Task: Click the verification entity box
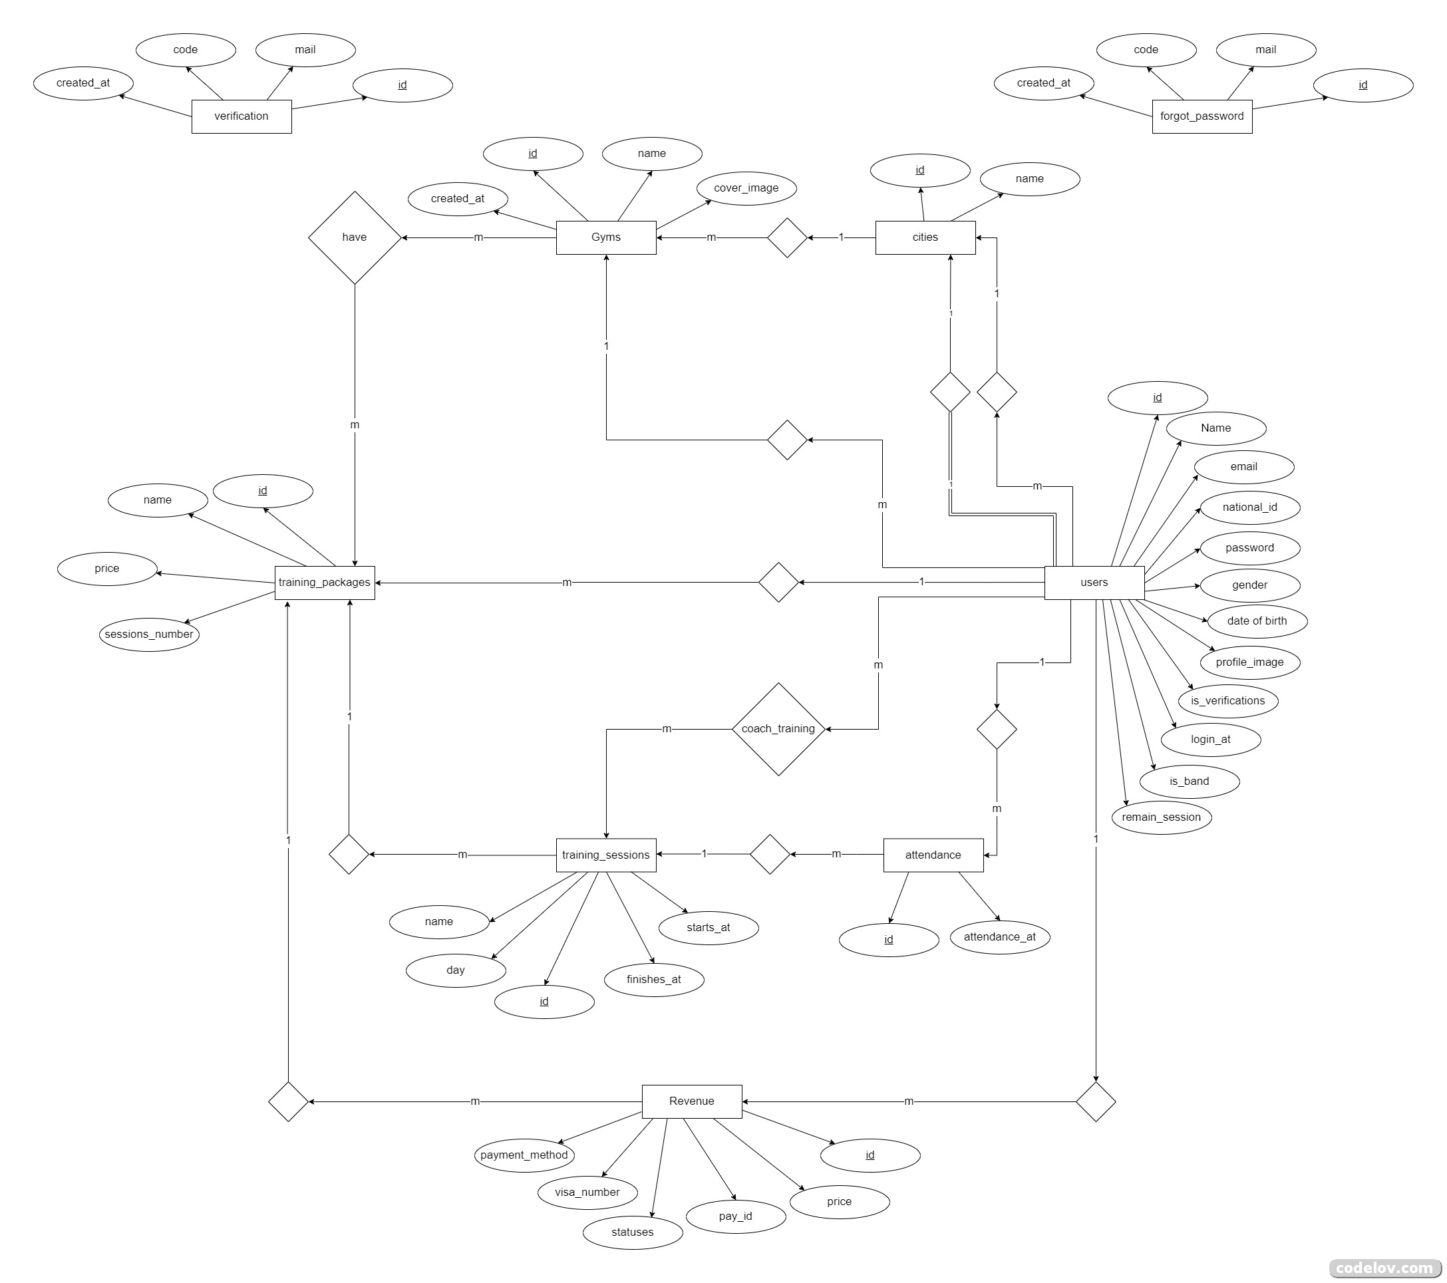[x=241, y=116]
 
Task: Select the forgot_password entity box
[x=1202, y=116]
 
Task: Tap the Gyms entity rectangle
[x=605, y=237]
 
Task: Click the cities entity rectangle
[x=925, y=237]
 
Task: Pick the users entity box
[x=1094, y=583]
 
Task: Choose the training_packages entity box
[x=324, y=583]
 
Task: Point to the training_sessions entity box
[x=605, y=855]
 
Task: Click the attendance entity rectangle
[x=932, y=855]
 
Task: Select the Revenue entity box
[x=691, y=1101]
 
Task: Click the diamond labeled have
[x=354, y=237]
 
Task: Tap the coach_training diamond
[x=778, y=729]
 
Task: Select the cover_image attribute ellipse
[x=746, y=188]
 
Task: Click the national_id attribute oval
[x=1249, y=507]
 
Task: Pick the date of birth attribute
[x=1257, y=621]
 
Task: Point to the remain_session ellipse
[x=1161, y=817]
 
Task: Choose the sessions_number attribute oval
[x=148, y=635]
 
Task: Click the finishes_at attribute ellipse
[x=653, y=980]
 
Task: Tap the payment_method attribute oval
[x=524, y=1155]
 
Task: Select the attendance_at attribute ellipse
[x=999, y=937]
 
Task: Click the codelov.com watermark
[x=1383, y=1268]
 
